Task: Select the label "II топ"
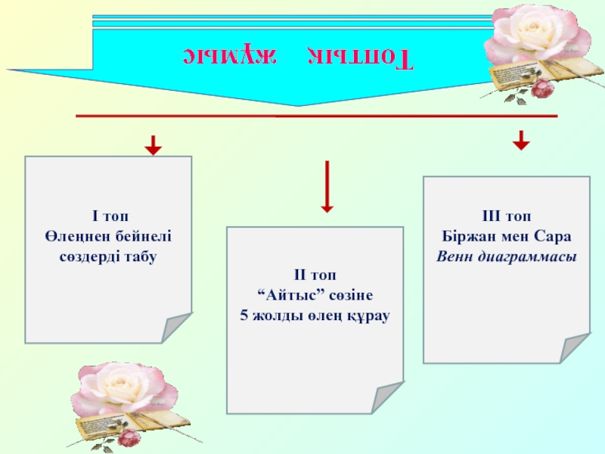coord(314,277)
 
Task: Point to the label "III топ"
coord(506,216)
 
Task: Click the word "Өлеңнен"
coord(73,237)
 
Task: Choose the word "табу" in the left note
coord(138,257)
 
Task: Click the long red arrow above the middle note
coord(327,185)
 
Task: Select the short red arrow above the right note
coord(520,140)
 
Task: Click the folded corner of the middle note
coord(389,398)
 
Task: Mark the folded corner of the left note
coord(177,328)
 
